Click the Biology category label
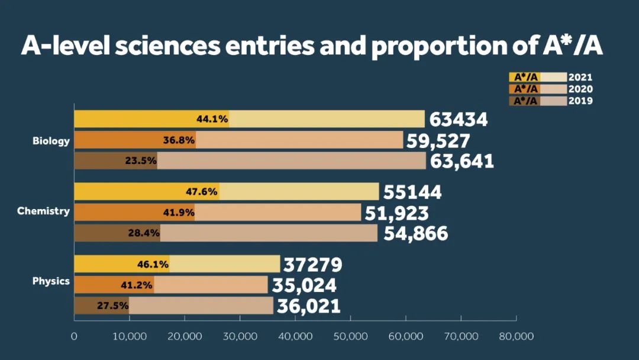point(51,142)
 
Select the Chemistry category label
point(43,211)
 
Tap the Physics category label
point(51,281)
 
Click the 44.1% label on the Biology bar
point(212,119)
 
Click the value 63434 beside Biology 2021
point(459,120)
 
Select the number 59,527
point(438,141)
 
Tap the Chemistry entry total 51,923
point(397,213)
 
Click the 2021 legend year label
point(580,77)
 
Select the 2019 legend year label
point(580,101)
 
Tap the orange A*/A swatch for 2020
point(525,89)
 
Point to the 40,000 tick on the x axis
point(295,336)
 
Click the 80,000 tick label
point(516,336)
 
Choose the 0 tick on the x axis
point(74,336)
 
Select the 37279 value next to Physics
point(313,265)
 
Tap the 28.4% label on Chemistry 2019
point(144,233)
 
